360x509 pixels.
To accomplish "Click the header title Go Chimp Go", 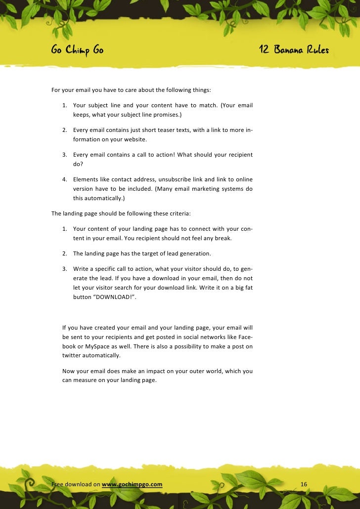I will (x=77, y=50).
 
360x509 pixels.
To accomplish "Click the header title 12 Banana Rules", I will (x=294, y=50).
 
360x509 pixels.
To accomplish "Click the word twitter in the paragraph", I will (x=71, y=355).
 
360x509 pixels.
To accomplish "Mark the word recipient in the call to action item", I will (x=238, y=155).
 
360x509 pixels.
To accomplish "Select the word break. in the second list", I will (x=238, y=238).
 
